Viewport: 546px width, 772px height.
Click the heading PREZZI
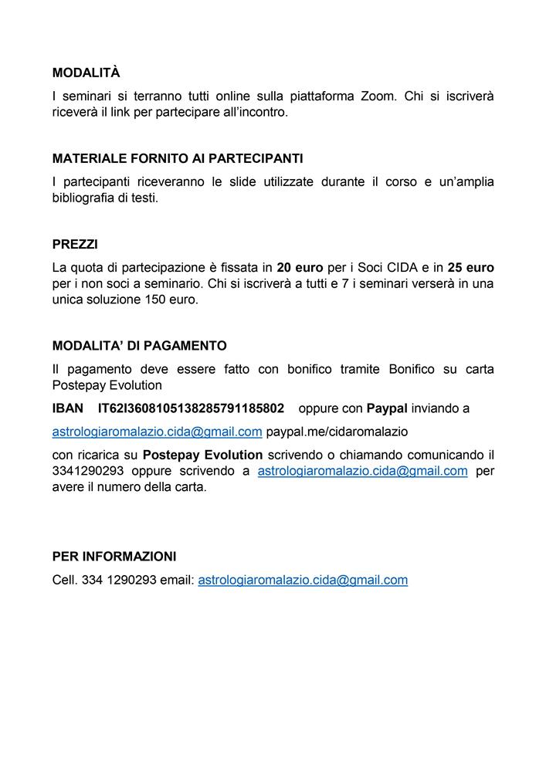click(75, 244)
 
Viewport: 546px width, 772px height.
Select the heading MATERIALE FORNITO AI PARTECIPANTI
click(178, 158)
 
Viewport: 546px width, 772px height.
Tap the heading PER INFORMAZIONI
click(114, 556)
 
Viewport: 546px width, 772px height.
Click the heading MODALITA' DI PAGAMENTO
click(140, 346)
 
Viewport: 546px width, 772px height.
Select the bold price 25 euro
click(470, 268)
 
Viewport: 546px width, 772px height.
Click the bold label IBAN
click(68, 408)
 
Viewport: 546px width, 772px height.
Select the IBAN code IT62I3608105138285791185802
click(191, 408)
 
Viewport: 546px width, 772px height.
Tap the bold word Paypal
click(387, 408)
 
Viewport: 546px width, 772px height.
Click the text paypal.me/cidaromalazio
click(337, 431)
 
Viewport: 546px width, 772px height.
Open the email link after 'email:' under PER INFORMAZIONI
click(303, 580)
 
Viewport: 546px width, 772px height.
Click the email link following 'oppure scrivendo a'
click(362, 471)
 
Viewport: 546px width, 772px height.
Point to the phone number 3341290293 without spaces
click(88, 471)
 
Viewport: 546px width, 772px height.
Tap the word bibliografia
click(87, 198)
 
